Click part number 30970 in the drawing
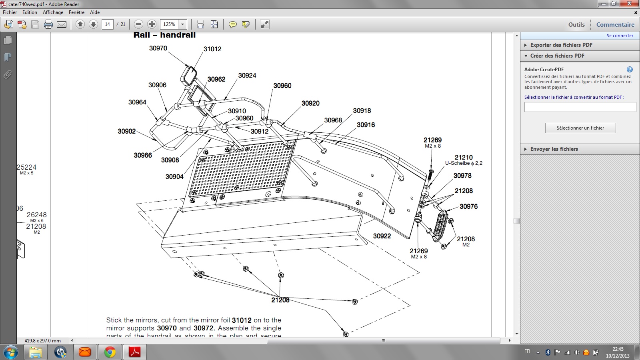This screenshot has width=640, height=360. [x=158, y=48]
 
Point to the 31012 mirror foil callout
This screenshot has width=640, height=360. [x=212, y=49]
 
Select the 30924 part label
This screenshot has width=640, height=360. [x=247, y=76]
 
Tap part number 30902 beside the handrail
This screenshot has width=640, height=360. [x=126, y=131]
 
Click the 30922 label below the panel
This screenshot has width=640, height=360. [x=382, y=236]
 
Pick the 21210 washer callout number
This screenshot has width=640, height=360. [x=464, y=158]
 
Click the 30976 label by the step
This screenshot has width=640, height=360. [x=468, y=206]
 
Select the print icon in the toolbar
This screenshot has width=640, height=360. [x=48, y=25]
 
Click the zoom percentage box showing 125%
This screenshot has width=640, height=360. [x=169, y=24]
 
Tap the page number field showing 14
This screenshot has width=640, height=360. [x=107, y=24]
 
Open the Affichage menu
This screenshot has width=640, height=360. [x=53, y=12]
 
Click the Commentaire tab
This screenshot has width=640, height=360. [x=615, y=24]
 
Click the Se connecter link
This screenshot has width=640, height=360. [x=620, y=36]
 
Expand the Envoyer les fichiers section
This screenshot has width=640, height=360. [x=554, y=149]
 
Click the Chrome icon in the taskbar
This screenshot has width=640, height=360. [x=110, y=352]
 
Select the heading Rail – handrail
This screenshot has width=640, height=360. [x=164, y=35]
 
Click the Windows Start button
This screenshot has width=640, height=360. [x=11, y=352]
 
